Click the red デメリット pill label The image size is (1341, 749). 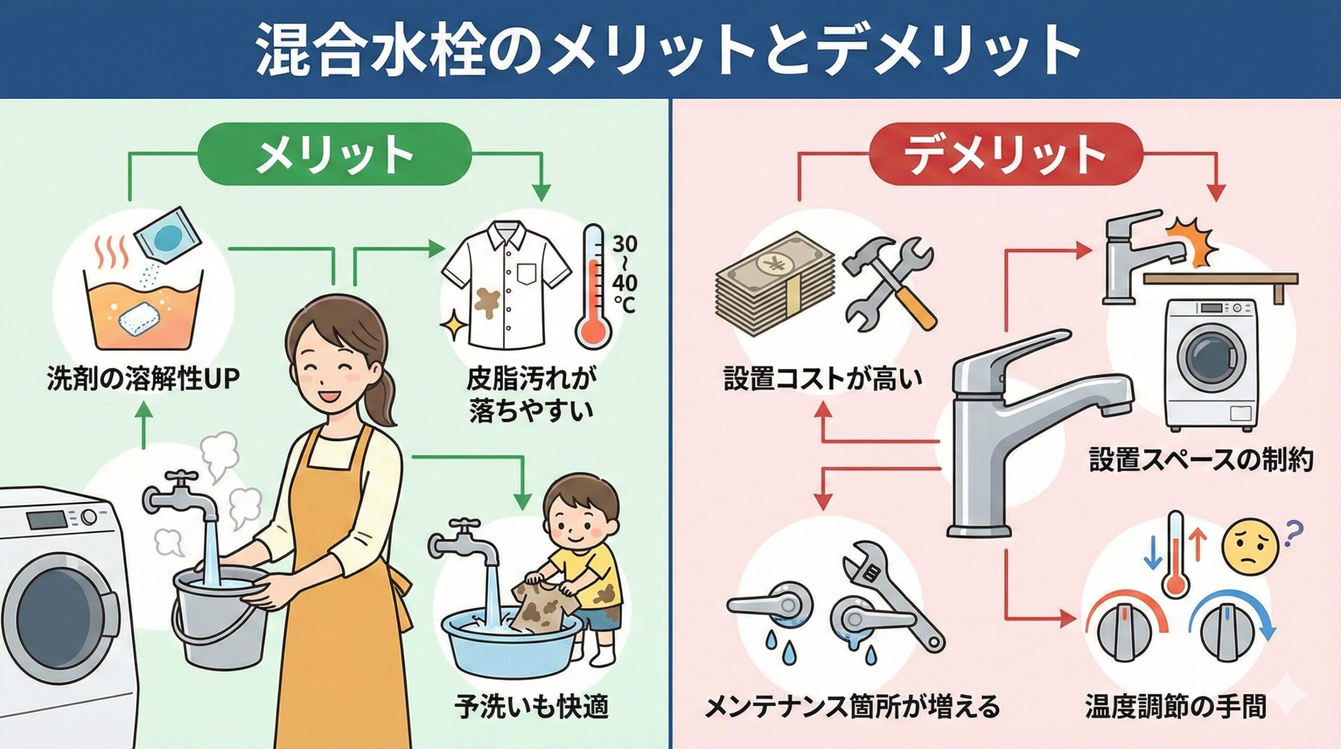click(x=1005, y=155)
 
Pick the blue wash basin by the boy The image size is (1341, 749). click(x=511, y=647)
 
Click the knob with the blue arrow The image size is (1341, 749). click(x=1228, y=637)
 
